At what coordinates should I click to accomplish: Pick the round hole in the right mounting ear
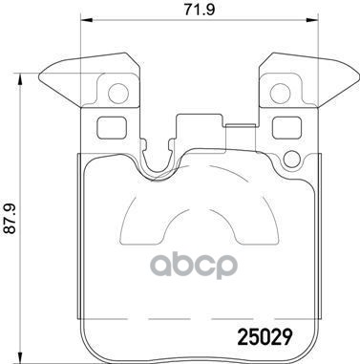point(281,93)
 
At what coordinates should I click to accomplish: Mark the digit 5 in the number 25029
point(245,337)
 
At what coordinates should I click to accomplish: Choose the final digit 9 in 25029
point(282,337)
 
